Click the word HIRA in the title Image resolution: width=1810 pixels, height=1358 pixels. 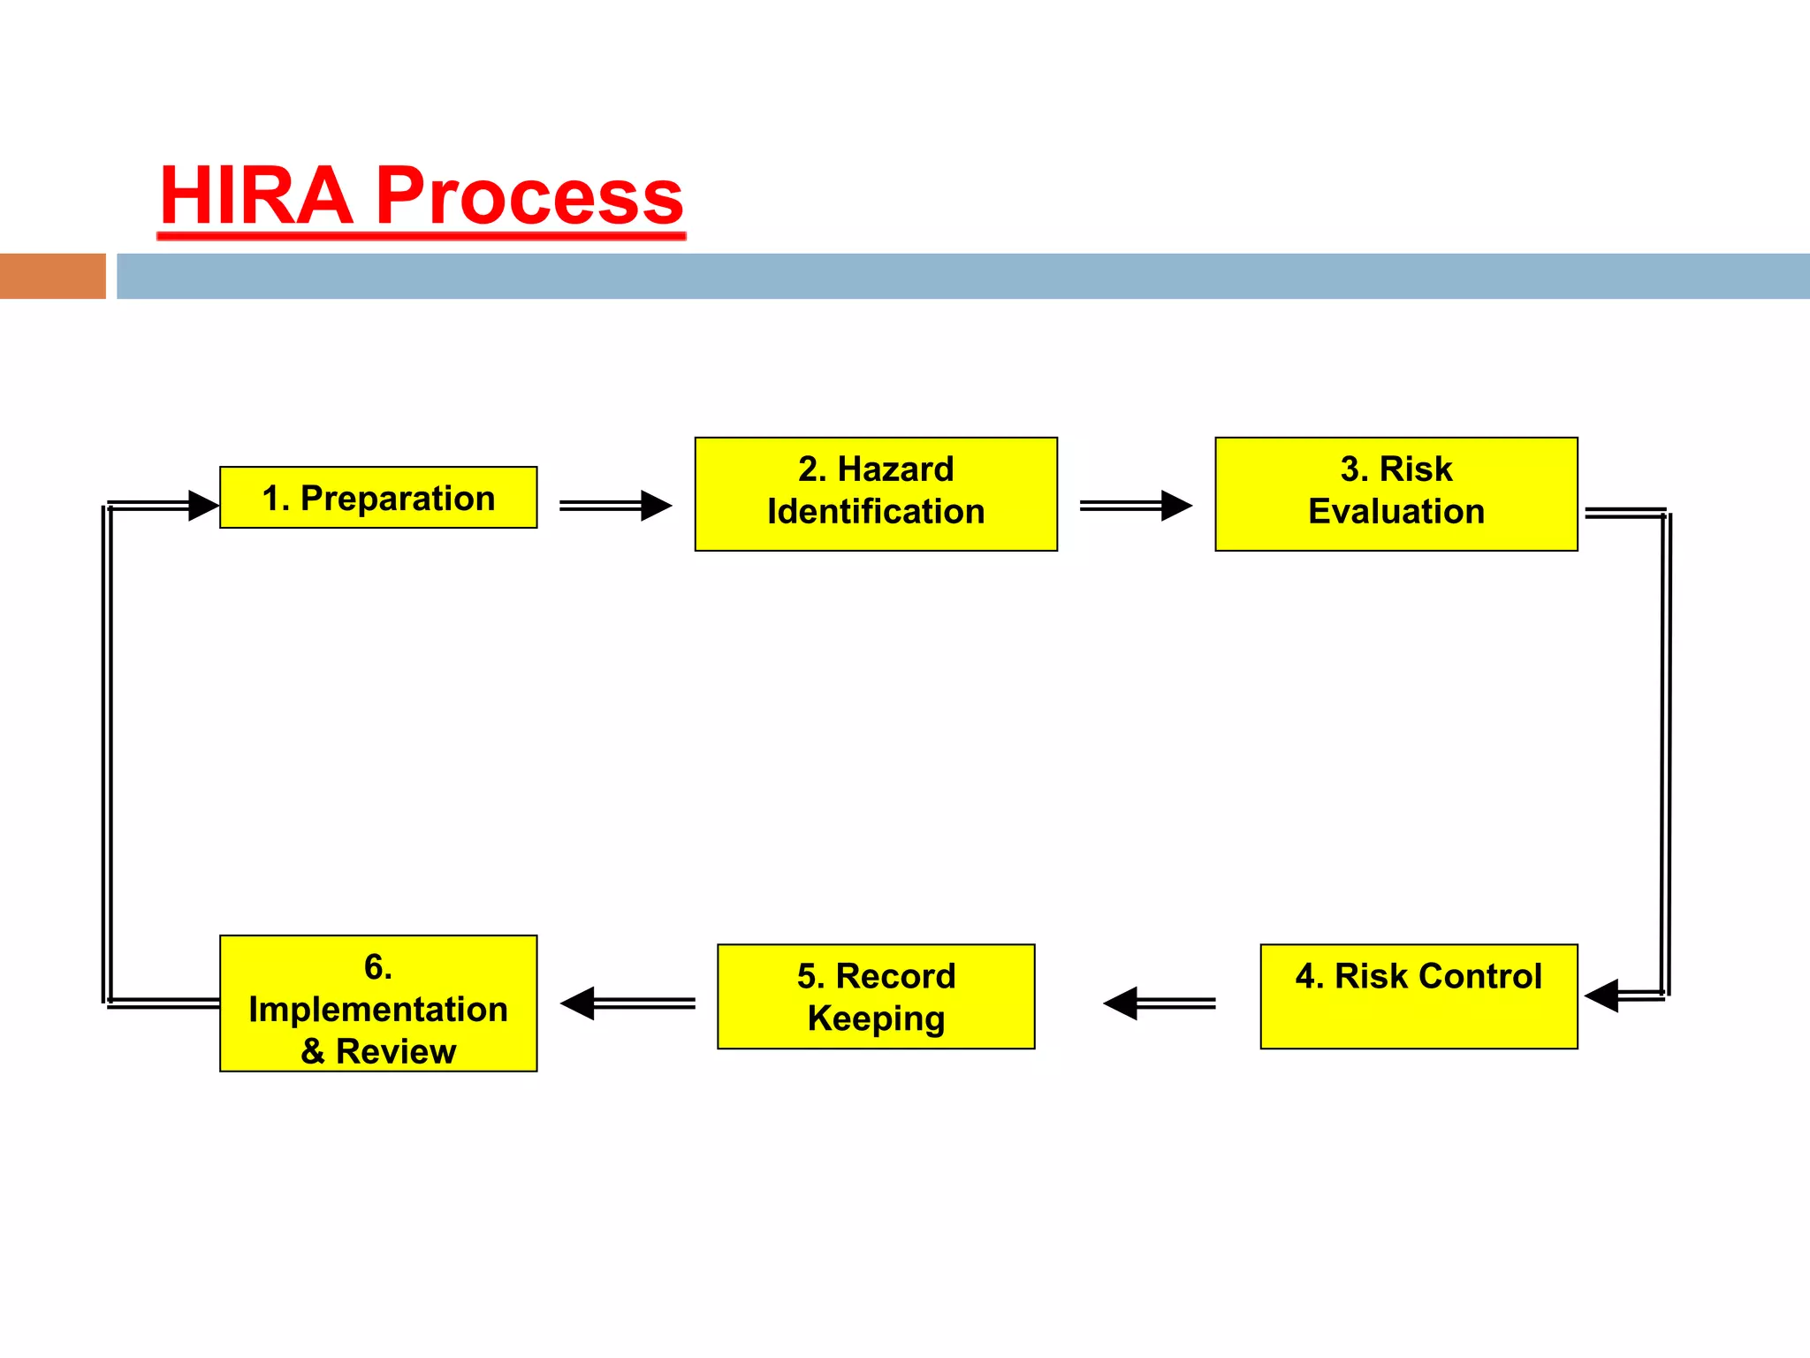click(x=256, y=196)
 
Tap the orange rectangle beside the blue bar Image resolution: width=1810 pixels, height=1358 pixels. click(x=52, y=276)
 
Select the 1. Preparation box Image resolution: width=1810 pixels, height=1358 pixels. click(x=378, y=498)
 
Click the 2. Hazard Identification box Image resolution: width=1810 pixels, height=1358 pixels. click(x=876, y=494)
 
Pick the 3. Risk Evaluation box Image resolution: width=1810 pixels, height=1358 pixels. click(x=1396, y=494)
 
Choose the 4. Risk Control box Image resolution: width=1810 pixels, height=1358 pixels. click(x=1418, y=996)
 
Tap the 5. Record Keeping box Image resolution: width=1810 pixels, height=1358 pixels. click(x=876, y=996)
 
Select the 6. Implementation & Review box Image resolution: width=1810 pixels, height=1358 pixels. click(x=378, y=1003)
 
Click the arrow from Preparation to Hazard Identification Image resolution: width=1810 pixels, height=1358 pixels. click(x=615, y=506)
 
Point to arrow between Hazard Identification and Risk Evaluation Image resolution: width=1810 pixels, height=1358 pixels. click(x=1136, y=506)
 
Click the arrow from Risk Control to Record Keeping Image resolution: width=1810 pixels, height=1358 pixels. click(x=1159, y=1003)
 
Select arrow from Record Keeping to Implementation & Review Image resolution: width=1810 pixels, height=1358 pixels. click(x=627, y=1003)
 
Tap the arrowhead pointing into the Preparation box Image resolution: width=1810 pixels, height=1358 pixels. click(x=203, y=506)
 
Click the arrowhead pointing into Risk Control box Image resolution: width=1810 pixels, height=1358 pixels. click(x=1601, y=996)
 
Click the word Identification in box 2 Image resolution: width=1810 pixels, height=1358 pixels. click(x=876, y=512)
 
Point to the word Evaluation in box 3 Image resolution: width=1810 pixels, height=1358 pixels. click(x=1396, y=512)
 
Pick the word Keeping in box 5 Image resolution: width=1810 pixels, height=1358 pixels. click(x=876, y=1018)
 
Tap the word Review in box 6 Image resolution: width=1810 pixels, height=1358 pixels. click(x=396, y=1052)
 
